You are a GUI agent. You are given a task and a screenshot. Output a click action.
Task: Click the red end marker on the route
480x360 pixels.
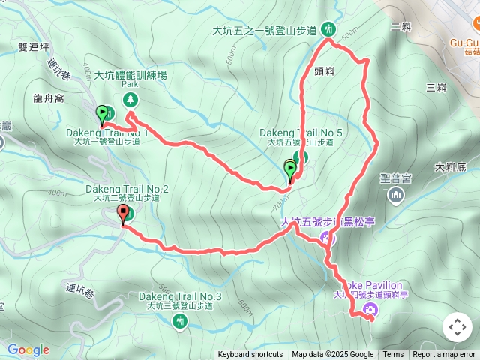122,215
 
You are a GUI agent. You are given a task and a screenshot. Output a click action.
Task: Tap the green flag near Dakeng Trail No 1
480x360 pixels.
102,115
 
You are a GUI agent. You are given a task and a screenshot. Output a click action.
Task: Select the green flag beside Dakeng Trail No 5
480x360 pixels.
290,169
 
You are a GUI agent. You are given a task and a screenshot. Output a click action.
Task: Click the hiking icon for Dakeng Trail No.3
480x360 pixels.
179,321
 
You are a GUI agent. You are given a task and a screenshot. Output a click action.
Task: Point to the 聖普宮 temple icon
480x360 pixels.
396,196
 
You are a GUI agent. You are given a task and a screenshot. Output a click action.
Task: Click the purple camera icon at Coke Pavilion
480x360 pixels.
369,310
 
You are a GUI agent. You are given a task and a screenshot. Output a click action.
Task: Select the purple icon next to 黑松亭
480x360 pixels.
325,238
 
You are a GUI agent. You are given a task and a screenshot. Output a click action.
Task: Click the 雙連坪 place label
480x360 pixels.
33,46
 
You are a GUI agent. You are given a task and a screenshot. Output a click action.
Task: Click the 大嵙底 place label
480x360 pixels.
450,167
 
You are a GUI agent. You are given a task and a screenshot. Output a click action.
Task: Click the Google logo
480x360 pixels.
28,349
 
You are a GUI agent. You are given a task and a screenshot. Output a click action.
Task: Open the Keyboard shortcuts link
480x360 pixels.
250,355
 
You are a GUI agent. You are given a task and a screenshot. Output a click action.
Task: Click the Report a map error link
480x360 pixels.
445,355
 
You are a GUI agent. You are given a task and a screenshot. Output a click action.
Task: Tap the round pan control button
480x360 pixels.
457,327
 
